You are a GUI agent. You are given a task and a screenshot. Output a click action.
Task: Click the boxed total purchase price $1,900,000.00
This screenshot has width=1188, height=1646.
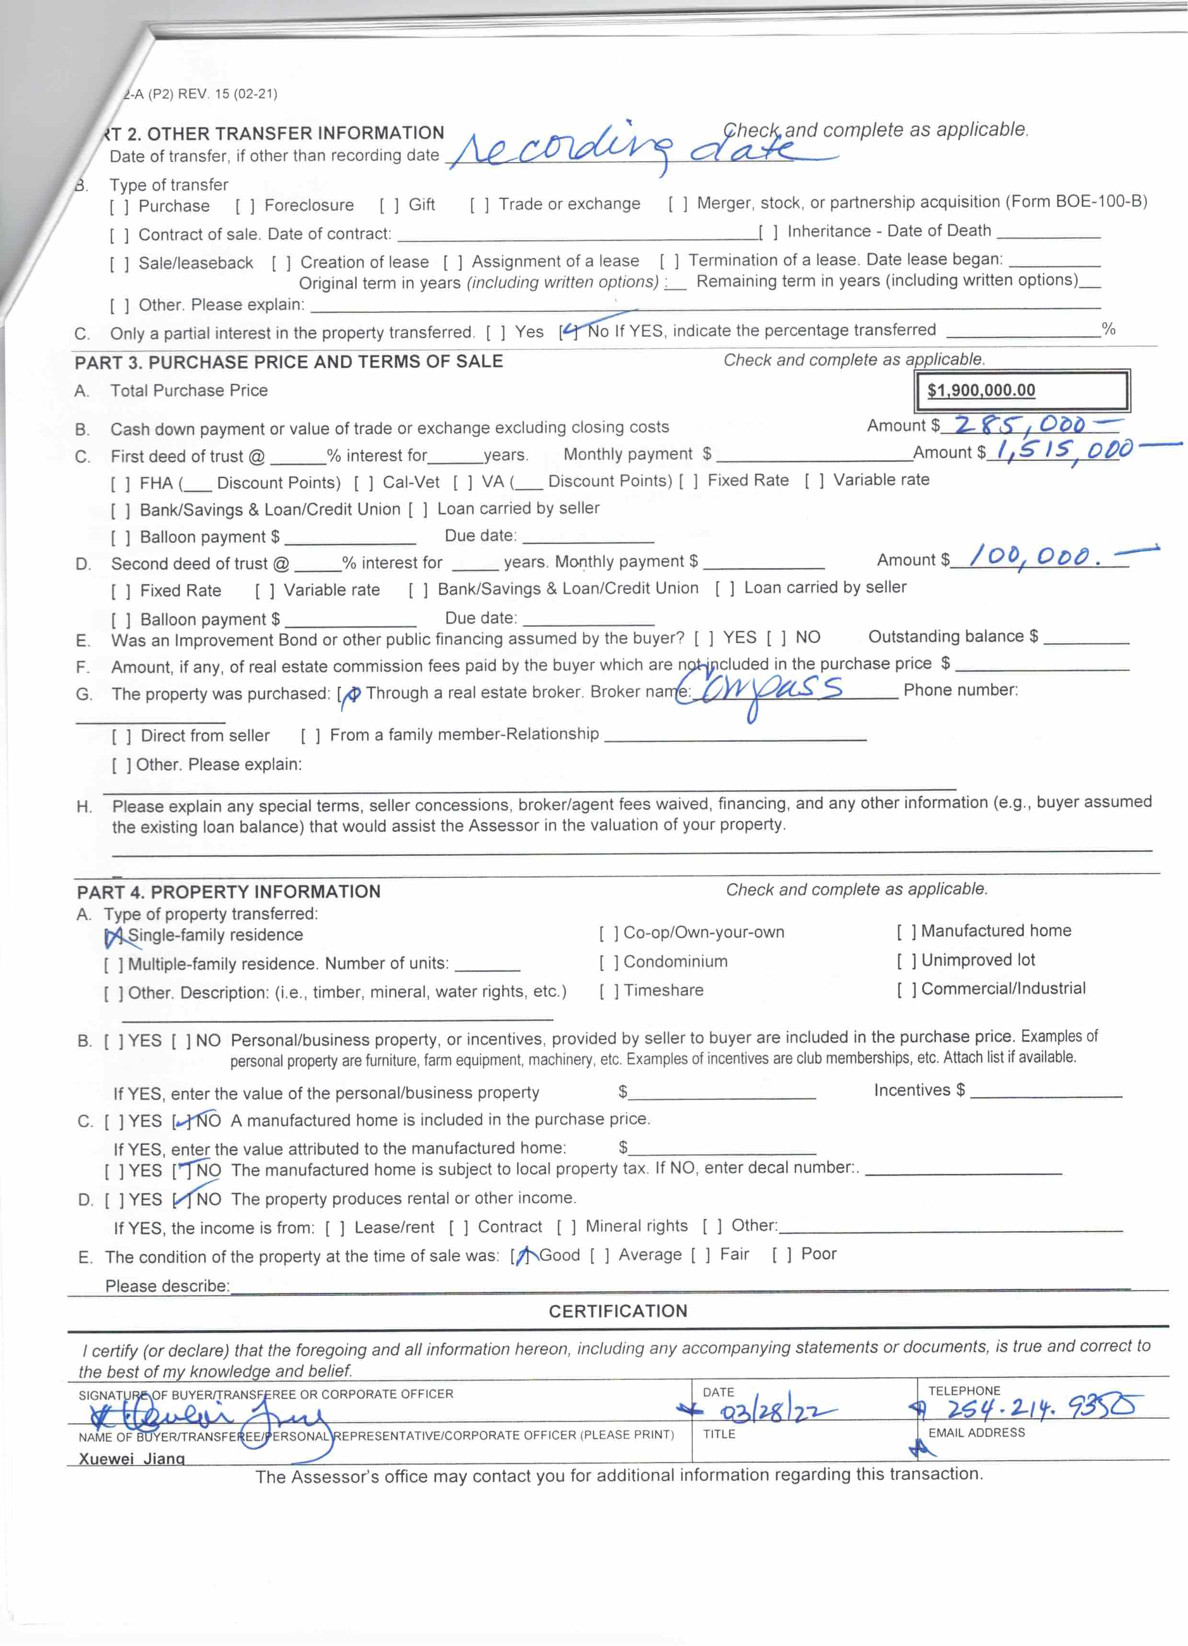pos(981,391)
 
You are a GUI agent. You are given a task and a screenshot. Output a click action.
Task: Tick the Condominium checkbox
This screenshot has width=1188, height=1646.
pos(609,962)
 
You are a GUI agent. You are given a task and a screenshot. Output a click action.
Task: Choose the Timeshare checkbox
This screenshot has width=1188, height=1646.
pos(609,991)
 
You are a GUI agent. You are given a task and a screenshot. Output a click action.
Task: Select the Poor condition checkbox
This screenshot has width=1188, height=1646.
pos(782,1255)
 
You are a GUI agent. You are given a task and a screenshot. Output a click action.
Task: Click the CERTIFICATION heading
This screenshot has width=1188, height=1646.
pos(617,1310)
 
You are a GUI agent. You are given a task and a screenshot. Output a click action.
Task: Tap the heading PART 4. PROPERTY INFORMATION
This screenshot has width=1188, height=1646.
pos(228,892)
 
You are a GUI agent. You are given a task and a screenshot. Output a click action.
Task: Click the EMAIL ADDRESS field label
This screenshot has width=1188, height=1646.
pos(976,1432)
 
